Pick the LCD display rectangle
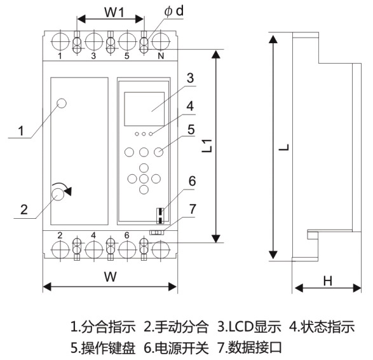(146, 109)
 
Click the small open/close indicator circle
(62, 103)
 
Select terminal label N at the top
(161, 57)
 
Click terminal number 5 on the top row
(126, 57)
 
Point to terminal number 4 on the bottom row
(93, 235)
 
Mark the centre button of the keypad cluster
(144, 179)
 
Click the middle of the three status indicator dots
(144, 134)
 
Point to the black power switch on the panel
(161, 214)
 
